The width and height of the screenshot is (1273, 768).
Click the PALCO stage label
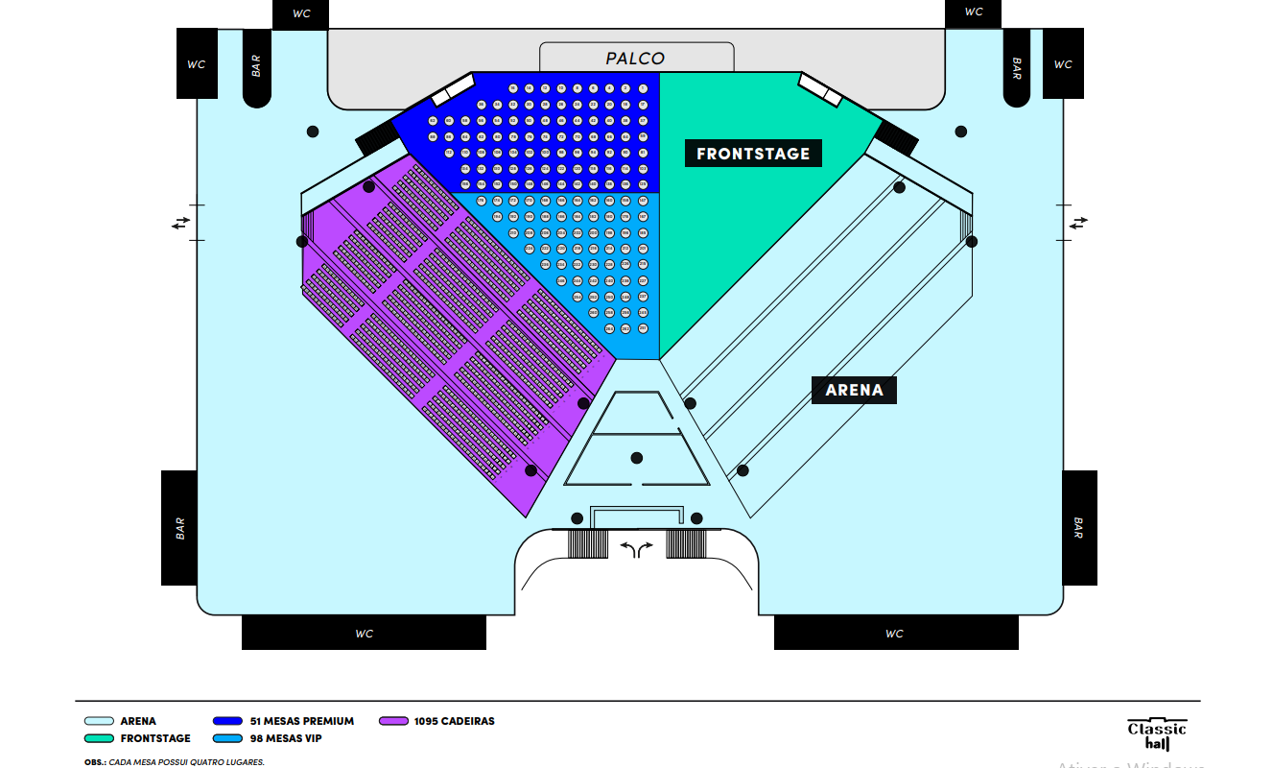click(x=635, y=59)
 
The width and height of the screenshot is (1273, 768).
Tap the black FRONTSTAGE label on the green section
click(x=753, y=154)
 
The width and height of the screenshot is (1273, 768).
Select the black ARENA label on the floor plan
click(x=854, y=390)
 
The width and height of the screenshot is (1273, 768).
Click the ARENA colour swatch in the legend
click(x=99, y=721)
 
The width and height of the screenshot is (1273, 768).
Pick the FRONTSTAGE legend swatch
click(x=99, y=738)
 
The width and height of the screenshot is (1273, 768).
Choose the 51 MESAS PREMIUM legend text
click(x=302, y=721)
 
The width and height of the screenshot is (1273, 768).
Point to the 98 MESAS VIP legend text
click(x=286, y=738)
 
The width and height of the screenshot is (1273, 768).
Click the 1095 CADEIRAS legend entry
click(x=454, y=721)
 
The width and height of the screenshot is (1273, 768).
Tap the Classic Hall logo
click(x=1157, y=734)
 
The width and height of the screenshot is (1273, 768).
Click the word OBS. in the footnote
click(x=94, y=762)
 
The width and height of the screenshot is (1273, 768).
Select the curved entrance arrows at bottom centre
click(x=636, y=548)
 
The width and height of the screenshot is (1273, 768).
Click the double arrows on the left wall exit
click(x=181, y=223)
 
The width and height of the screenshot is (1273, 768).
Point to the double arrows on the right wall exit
click(x=1079, y=223)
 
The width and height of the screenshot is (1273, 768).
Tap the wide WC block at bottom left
click(x=364, y=633)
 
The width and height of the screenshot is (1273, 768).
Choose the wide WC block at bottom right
click(x=895, y=633)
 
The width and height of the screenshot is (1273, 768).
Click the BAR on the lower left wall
click(x=179, y=527)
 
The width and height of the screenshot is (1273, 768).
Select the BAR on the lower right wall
click(x=1079, y=527)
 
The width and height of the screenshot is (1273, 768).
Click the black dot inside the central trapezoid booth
click(x=637, y=458)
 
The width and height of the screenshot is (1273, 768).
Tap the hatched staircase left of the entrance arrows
click(x=588, y=543)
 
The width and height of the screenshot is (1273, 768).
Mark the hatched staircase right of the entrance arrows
click(x=686, y=543)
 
